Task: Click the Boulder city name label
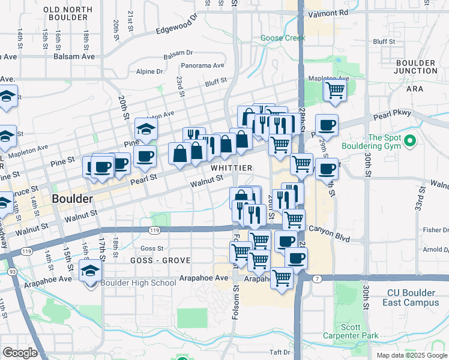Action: pos(72,198)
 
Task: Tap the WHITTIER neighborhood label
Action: pos(231,167)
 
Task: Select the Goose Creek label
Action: pos(283,38)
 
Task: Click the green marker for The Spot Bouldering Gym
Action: pos(410,142)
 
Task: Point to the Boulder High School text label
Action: pos(139,283)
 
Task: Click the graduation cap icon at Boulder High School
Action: pos(91,271)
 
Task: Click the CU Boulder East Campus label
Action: pos(413,298)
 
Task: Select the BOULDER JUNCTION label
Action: pos(415,67)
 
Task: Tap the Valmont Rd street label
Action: pos(327,13)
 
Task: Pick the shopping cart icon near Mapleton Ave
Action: pos(335,91)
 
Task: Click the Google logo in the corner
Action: pos(20,353)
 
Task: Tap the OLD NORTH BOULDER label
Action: pos(68,13)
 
